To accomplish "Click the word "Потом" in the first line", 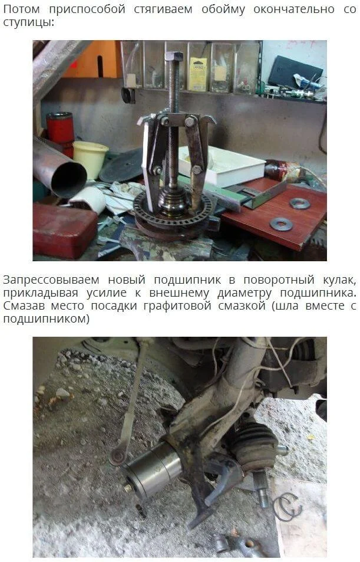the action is click(x=21, y=9).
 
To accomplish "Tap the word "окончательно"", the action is click(x=294, y=9).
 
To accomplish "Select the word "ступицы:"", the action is click(x=29, y=22).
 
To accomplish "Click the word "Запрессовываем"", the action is click(x=51, y=280).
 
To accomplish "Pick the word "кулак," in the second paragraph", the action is click(x=339, y=280).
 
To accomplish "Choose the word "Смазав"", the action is click(x=24, y=305).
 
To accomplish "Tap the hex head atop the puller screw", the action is click(x=174, y=57).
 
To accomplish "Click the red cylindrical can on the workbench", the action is click(x=60, y=129).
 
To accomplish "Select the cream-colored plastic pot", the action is click(x=90, y=157).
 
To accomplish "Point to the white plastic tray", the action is click(x=222, y=166).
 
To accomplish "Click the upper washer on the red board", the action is click(x=300, y=203).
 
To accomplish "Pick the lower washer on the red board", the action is click(x=281, y=224).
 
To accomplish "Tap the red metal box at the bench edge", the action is click(x=64, y=230).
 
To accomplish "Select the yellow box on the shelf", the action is click(x=198, y=74).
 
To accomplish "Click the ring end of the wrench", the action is click(x=117, y=456).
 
